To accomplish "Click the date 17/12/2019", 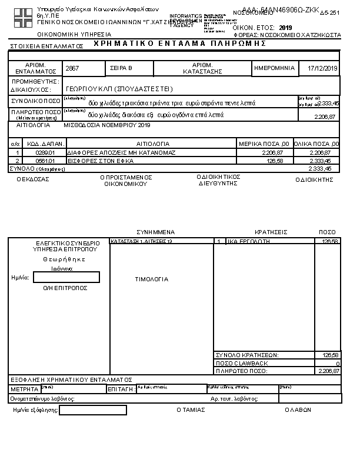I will (323, 69).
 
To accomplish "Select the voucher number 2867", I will (72, 69).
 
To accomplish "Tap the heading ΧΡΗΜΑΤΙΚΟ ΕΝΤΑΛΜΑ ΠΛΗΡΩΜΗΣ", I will (176, 44).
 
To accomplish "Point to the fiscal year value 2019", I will (285, 28).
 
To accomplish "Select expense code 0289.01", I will (45, 152).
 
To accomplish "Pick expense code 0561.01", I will (45, 160).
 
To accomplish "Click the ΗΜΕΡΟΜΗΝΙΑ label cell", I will (274, 68).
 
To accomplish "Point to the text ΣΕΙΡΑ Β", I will (122, 69).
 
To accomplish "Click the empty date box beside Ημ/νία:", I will (66, 277).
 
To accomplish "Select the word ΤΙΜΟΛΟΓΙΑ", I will (152, 279).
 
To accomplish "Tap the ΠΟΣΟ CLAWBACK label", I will (242, 363).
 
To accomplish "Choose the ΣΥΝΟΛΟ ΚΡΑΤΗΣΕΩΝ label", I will (248, 355).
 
